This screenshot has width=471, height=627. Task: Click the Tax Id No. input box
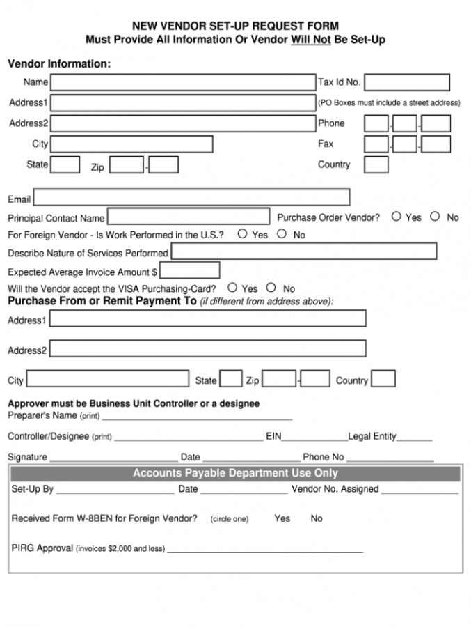point(406,82)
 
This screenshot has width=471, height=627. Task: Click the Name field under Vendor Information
point(182,82)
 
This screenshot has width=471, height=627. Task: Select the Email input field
point(191,198)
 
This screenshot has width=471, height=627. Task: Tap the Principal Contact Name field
point(188,217)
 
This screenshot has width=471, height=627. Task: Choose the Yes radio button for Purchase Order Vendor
point(396,217)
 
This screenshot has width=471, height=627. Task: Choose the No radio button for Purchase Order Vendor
point(435,217)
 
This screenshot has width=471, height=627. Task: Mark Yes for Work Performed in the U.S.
point(243,234)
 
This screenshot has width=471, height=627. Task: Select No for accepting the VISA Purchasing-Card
point(271,288)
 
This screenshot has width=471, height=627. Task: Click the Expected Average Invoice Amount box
point(190,270)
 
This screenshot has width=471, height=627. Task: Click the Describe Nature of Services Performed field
point(304,251)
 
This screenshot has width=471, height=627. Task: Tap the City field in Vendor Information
point(131,144)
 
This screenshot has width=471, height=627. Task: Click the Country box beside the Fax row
point(376,165)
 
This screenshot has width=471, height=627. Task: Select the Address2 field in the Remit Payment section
point(207,348)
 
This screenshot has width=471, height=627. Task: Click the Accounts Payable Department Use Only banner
point(235,474)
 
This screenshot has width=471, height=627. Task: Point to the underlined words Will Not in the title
point(310,40)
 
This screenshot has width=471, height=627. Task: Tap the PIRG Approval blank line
point(264,549)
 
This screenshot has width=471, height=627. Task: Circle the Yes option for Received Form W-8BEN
point(282,518)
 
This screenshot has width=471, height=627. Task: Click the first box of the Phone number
point(376,124)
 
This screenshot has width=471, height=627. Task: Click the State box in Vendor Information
point(65,165)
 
